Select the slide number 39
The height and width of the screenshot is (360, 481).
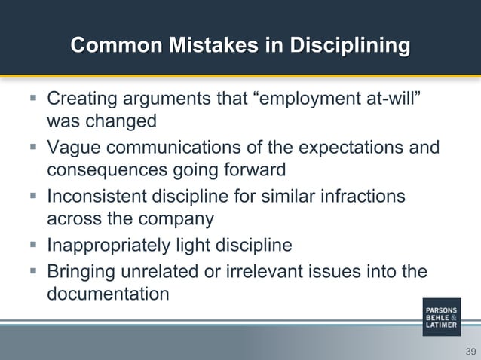[x=470, y=352]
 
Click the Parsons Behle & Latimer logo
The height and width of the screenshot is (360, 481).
[x=441, y=317]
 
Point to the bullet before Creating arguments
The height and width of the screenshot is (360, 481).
[x=35, y=99]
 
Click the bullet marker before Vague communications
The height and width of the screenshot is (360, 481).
[x=35, y=148]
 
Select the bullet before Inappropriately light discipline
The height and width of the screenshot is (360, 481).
[x=35, y=246]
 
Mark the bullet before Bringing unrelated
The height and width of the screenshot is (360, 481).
[x=35, y=270]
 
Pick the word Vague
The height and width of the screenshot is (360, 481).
[x=74, y=148]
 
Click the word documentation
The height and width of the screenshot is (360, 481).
[x=108, y=294]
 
